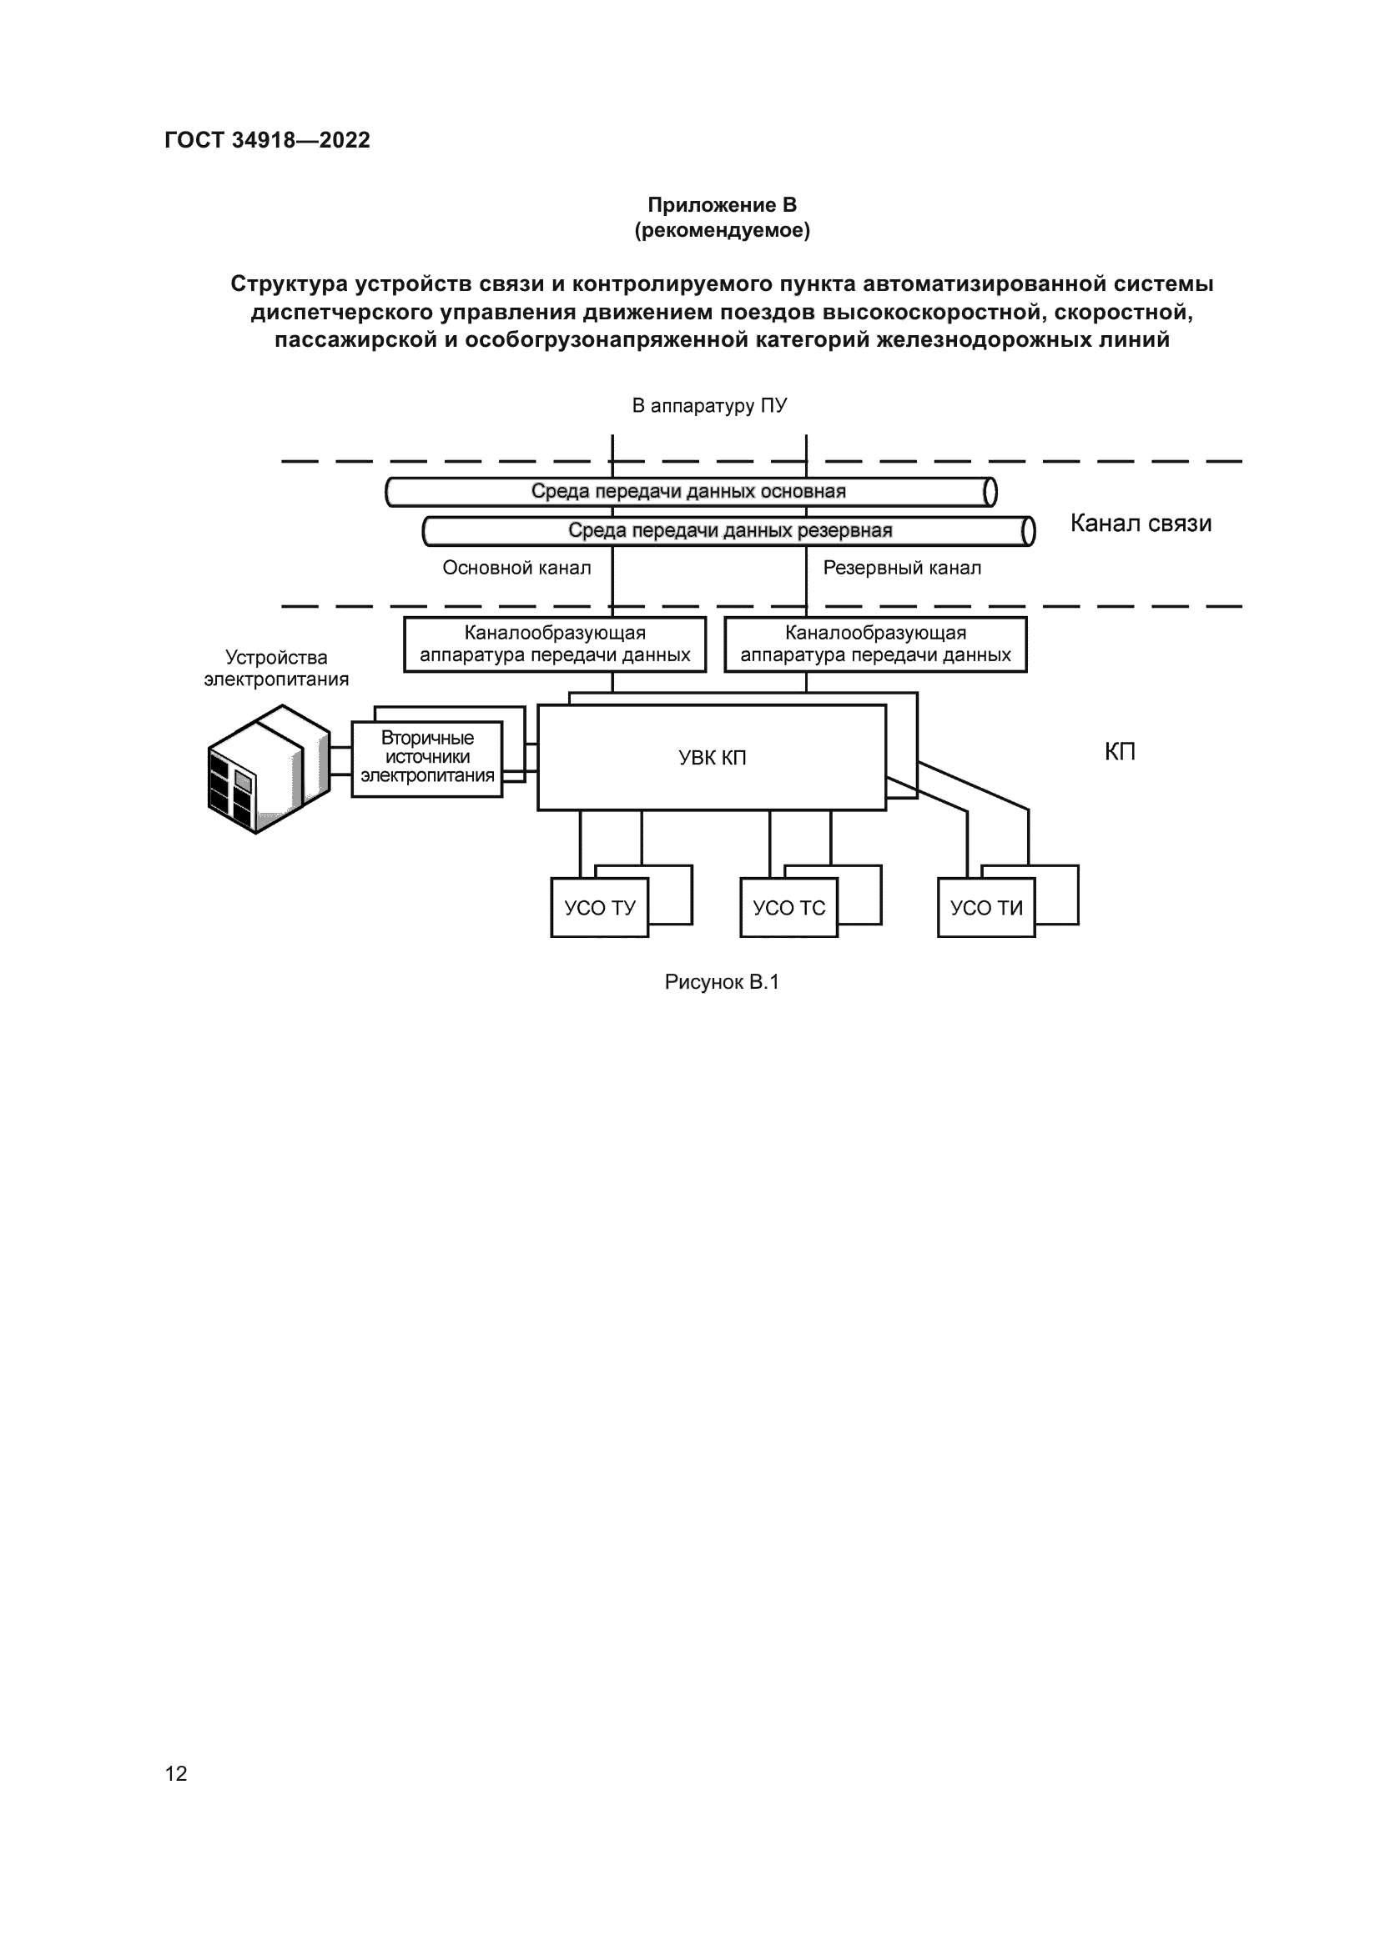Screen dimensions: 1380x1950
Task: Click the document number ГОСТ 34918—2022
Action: (x=268, y=140)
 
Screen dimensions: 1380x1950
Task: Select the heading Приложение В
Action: (x=723, y=205)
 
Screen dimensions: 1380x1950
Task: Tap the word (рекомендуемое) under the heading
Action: (x=723, y=230)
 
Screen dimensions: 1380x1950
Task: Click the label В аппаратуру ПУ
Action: (x=709, y=406)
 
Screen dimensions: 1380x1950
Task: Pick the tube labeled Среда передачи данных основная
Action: (x=691, y=492)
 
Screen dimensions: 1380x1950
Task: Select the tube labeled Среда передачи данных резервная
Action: (x=729, y=532)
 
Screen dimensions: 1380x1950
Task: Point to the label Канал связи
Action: (x=1141, y=524)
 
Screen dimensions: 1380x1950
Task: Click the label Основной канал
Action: (x=516, y=568)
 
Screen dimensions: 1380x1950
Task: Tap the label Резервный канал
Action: (x=902, y=568)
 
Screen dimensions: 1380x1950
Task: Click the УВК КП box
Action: (x=712, y=758)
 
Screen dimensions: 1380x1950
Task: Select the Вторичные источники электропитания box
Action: (x=427, y=759)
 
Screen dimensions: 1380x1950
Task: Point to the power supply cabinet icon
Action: (x=269, y=769)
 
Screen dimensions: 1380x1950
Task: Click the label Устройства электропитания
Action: (x=276, y=669)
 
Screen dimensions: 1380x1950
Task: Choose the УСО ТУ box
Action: (x=600, y=908)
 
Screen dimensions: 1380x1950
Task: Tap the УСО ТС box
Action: (x=789, y=908)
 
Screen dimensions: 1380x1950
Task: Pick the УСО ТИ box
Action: (x=986, y=908)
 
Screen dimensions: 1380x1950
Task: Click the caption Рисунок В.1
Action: (x=723, y=983)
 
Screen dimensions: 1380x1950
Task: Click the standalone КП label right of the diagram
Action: (x=1120, y=752)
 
